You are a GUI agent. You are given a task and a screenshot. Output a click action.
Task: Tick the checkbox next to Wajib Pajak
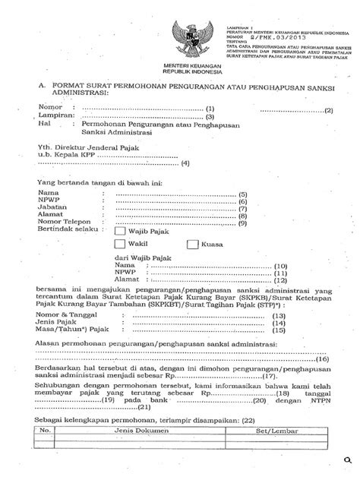120,231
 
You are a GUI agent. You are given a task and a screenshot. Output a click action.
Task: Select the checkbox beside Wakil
120,245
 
